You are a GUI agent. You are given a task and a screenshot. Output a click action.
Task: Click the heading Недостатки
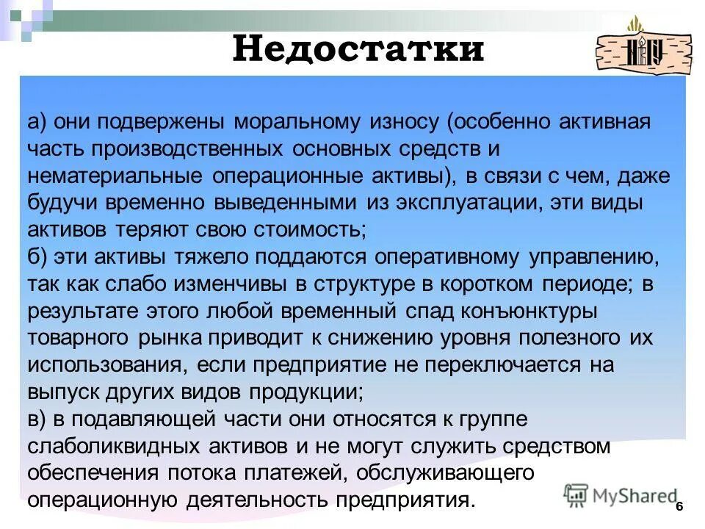tap(358, 49)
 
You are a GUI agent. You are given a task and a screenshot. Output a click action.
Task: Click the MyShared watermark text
tap(632, 495)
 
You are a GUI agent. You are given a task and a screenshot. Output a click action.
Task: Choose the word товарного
tap(78, 338)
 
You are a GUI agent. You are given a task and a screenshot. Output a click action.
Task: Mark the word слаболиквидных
tap(109, 446)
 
